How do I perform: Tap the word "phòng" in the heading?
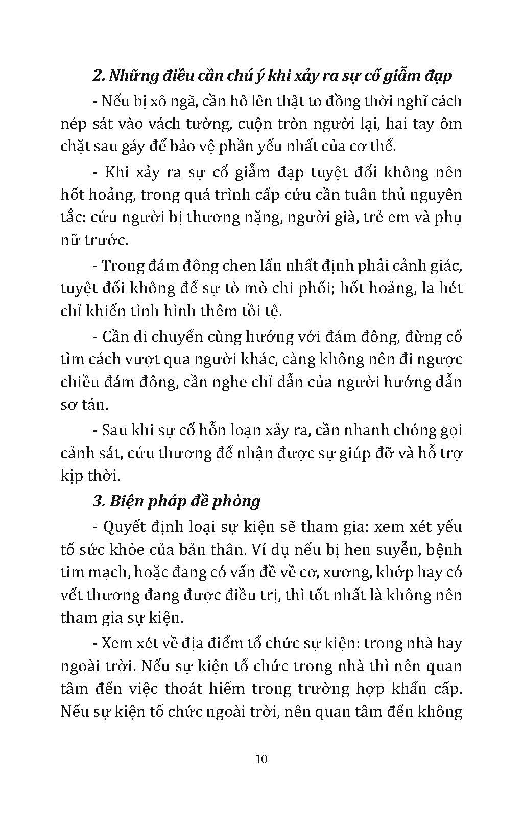237,502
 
